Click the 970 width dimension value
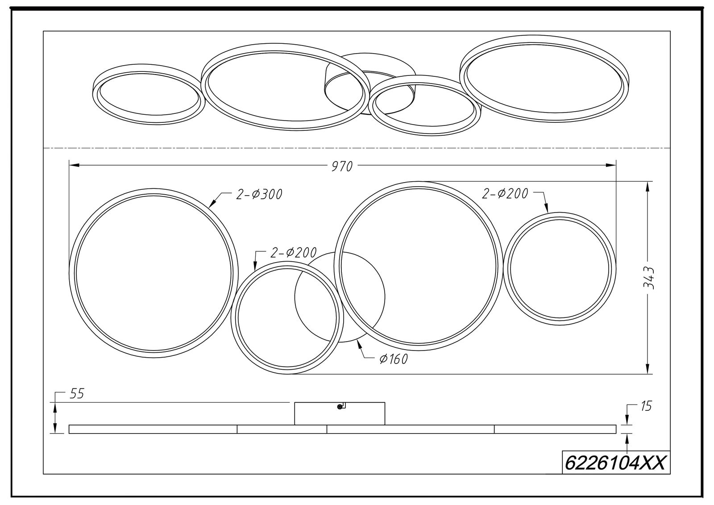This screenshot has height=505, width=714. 342,167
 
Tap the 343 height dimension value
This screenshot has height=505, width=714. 649,278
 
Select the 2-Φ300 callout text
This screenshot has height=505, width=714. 259,194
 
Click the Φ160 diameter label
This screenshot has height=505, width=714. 394,359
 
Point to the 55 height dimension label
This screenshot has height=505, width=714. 76,394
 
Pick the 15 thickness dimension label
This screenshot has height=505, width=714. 646,406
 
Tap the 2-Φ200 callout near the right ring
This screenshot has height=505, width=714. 505,194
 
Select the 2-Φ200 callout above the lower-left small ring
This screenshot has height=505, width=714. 293,253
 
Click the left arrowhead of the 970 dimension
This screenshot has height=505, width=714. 74,165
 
